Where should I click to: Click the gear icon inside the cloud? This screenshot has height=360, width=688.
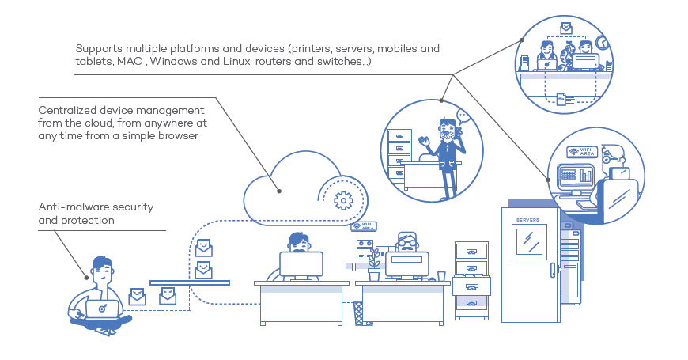(343, 201)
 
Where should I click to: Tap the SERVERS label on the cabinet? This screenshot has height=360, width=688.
(527, 219)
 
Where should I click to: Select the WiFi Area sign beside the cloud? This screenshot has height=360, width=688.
(364, 226)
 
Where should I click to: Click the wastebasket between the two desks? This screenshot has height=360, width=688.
(359, 313)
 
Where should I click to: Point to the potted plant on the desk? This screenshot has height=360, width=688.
(374, 265)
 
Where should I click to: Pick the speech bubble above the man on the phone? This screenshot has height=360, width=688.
(463, 116)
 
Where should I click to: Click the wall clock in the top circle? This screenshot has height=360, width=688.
(603, 42)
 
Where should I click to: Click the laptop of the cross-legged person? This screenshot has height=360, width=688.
(102, 309)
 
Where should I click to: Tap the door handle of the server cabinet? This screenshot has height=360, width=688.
(553, 270)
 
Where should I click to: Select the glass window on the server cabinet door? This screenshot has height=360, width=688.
(529, 242)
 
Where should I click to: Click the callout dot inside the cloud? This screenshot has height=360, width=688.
(279, 191)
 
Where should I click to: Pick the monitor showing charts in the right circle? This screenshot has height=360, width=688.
(575, 175)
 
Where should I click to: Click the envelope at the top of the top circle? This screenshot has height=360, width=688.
(566, 28)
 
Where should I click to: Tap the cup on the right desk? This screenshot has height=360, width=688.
(441, 276)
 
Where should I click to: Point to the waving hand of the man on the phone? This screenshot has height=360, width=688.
(423, 142)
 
